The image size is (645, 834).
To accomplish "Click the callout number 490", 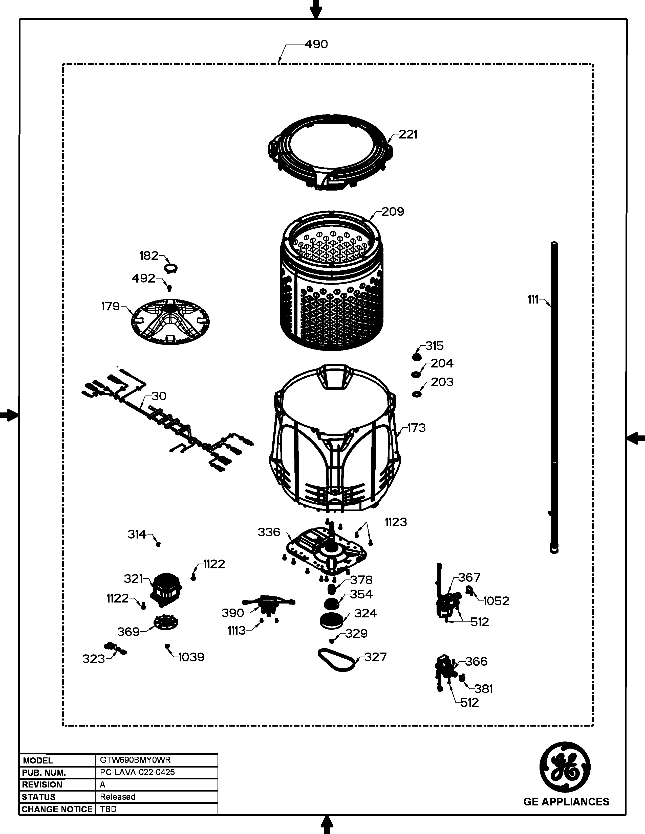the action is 316,44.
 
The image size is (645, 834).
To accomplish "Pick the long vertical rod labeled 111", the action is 554,397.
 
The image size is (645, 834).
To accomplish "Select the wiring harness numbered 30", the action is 168,420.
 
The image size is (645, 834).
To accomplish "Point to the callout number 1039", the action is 191,657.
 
